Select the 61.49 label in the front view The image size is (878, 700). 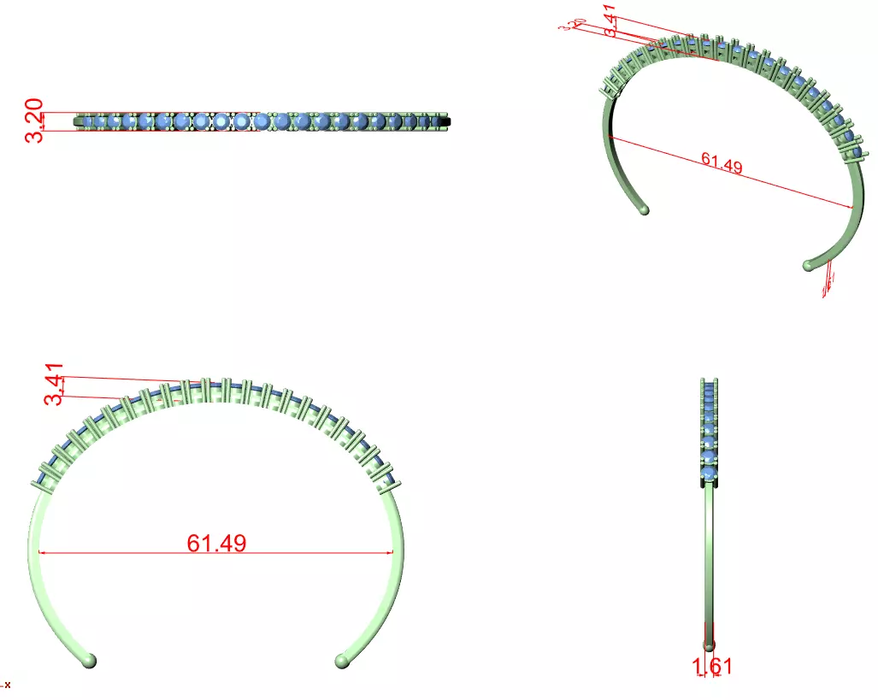[x=216, y=543]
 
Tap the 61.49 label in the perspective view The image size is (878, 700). [x=721, y=162]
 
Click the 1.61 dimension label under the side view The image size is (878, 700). [x=711, y=667]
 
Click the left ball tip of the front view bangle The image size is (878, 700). [x=89, y=660]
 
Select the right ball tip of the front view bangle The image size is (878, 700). [x=343, y=660]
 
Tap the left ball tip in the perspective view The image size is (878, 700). [x=643, y=208]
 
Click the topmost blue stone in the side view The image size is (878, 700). [x=709, y=389]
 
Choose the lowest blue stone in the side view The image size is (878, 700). [x=709, y=475]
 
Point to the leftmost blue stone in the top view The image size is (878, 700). [x=89, y=122]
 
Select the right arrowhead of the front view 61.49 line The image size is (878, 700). [x=391, y=553]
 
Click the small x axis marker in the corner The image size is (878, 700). [x=5, y=684]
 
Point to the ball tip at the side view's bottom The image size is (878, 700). [x=709, y=645]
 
